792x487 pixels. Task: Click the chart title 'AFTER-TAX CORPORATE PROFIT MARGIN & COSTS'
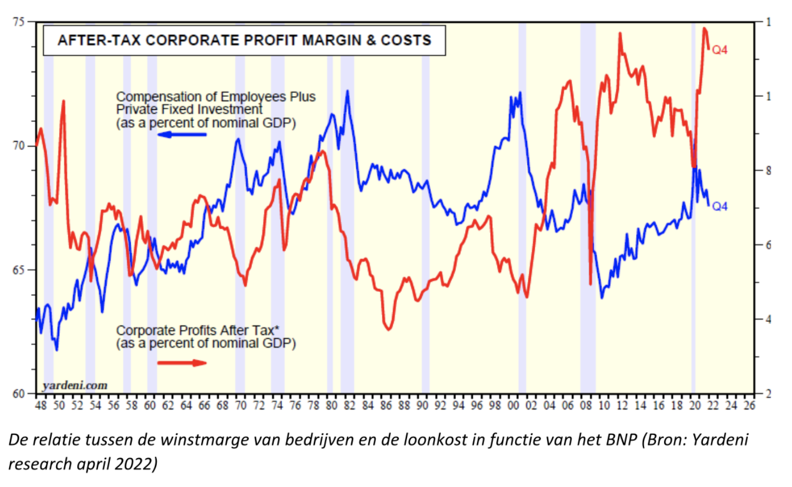[244, 40]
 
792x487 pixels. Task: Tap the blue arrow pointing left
[182, 134]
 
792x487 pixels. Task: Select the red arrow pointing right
[182, 363]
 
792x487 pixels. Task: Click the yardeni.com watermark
[75, 385]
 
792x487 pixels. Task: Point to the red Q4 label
[720, 50]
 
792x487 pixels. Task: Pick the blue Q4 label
[720, 207]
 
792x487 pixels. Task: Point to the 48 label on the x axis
[41, 405]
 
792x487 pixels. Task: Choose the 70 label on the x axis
[240, 405]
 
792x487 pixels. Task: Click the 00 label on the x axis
[513, 405]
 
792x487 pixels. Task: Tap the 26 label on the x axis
[749, 405]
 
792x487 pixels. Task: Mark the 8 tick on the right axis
[768, 171]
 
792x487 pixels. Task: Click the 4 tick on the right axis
[768, 319]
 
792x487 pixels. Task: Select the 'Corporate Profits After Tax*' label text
[197, 330]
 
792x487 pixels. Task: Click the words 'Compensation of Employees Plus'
[215, 97]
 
